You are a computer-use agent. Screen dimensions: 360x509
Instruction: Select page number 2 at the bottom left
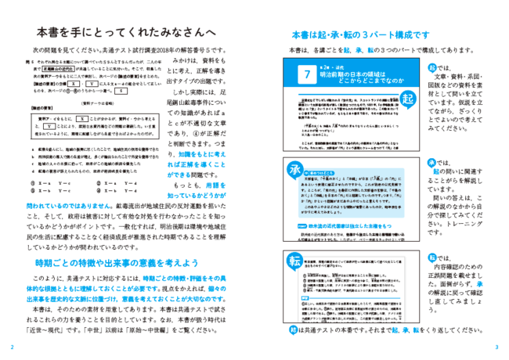(11, 347)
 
